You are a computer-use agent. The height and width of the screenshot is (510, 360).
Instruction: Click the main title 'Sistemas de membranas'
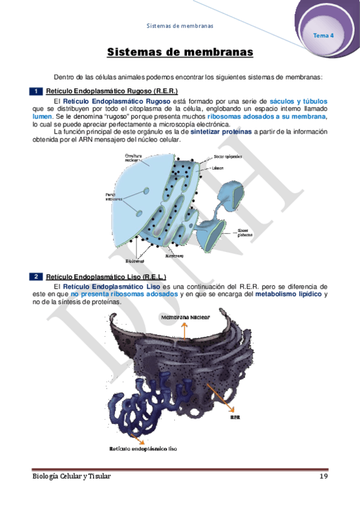[x=180, y=53]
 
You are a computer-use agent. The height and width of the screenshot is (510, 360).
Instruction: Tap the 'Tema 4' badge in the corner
[x=323, y=35]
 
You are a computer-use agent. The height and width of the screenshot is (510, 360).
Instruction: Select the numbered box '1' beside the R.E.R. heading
[x=36, y=91]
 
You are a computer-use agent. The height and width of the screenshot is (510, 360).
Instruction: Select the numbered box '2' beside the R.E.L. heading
[x=36, y=277]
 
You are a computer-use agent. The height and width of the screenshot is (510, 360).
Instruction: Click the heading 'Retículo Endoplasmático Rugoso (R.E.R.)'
[x=111, y=91]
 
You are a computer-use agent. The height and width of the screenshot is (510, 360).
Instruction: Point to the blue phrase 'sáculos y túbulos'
[x=299, y=101]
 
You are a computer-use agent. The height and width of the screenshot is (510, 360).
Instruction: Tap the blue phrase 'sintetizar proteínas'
[x=221, y=132]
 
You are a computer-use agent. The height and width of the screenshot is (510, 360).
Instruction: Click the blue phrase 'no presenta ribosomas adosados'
[x=124, y=295]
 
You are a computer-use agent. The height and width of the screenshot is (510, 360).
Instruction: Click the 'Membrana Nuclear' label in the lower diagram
[x=185, y=316]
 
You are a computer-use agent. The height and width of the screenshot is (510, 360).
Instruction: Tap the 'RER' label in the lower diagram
[x=236, y=416]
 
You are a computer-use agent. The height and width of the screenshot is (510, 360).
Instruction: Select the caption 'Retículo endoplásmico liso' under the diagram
[x=143, y=448]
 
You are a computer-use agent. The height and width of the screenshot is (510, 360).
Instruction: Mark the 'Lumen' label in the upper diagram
[x=218, y=168]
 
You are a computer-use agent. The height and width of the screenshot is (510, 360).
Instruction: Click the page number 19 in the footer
[x=322, y=476]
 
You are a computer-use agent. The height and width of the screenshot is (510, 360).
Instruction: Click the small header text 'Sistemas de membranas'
[x=180, y=26]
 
